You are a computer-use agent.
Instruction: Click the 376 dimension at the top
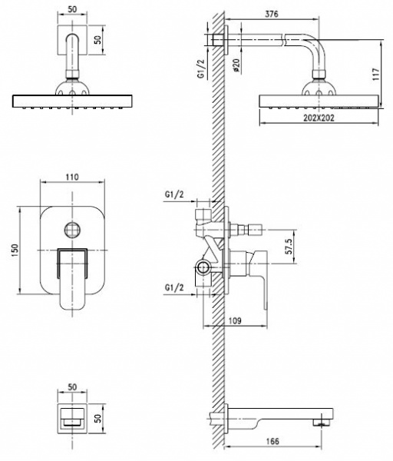point(272,14)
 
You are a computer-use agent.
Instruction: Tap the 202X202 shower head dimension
point(319,118)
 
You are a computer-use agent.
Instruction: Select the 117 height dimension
point(376,74)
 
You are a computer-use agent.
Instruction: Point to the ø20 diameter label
point(236,65)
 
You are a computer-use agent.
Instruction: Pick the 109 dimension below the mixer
point(234,320)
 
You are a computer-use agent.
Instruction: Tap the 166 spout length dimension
point(272,441)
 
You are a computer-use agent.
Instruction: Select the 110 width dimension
point(72,177)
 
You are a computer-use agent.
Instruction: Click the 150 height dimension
point(15,250)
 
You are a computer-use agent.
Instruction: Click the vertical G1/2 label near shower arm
point(201,69)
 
